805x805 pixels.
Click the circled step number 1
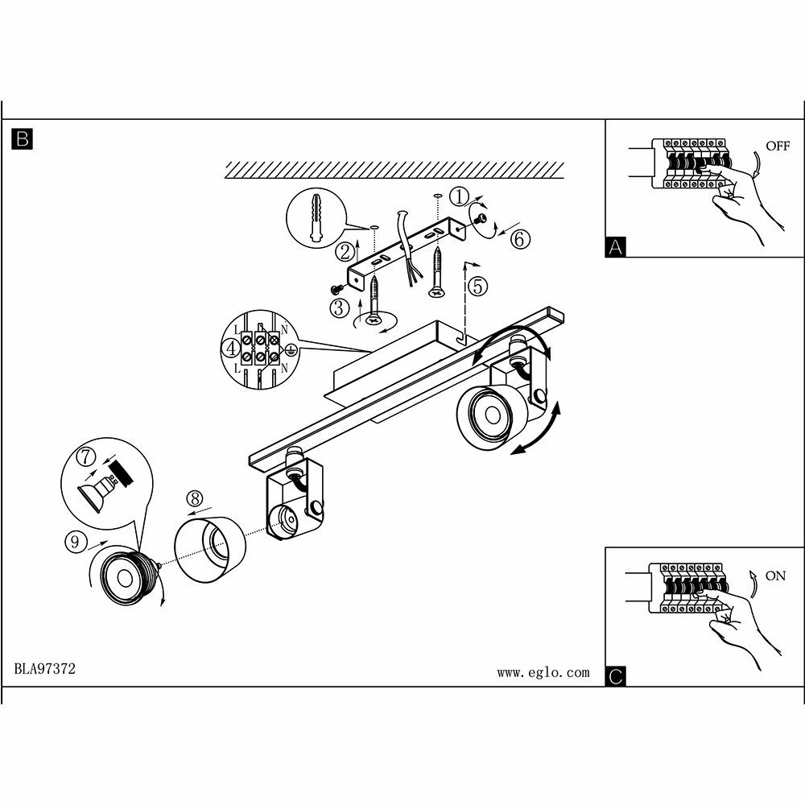458,196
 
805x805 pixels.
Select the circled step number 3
339,307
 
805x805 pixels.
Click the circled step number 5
478,285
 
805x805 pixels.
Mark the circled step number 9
74,542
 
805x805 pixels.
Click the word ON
775,576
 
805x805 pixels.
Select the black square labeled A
616,247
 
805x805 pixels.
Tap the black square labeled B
23,138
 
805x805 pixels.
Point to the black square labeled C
616,676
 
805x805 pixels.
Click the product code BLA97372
45,669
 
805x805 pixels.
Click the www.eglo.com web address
543,672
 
